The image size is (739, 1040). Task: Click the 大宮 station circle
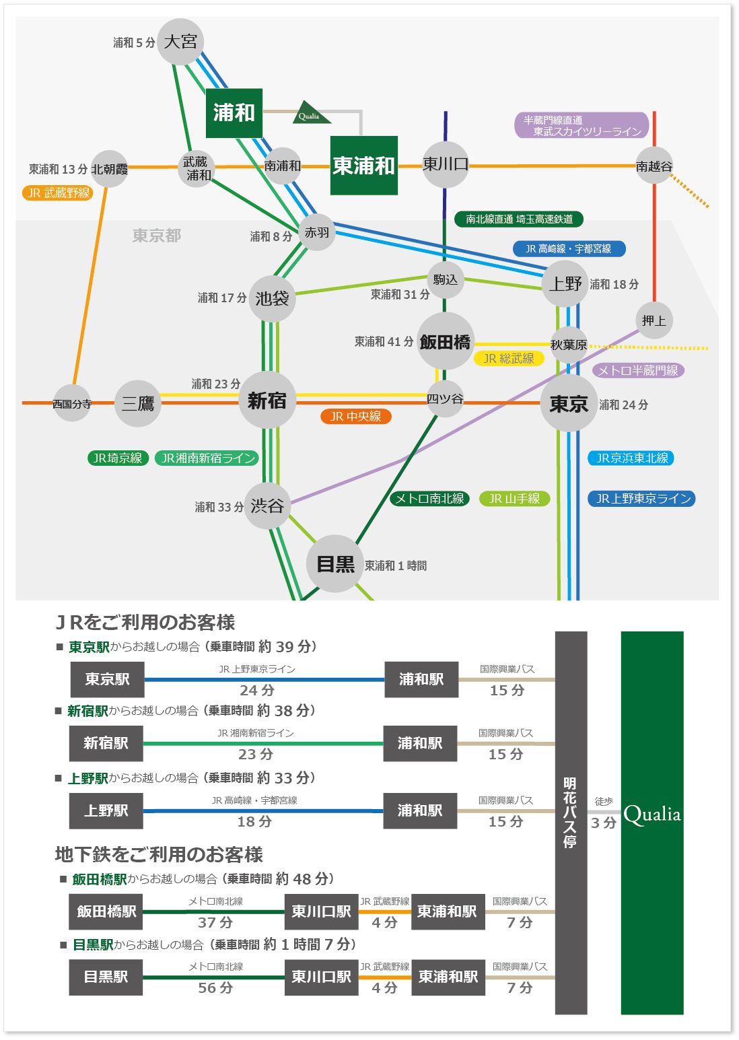click(x=180, y=42)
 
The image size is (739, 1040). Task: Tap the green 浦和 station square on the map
click(x=234, y=113)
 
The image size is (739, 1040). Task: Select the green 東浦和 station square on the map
click(x=364, y=166)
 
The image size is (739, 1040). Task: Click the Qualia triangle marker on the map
click(x=311, y=113)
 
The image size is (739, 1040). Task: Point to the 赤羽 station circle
click(x=317, y=232)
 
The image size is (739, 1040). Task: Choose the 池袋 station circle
click(x=272, y=298)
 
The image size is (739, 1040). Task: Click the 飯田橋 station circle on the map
click(x=445, y=341)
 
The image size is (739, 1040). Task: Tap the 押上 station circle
click(x=654, y=320)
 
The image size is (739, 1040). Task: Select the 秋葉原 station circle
click(x=569, y=345)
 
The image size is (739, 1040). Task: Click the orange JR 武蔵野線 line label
click(x=58, y=193)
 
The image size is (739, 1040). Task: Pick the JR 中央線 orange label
click(x=355, y=416)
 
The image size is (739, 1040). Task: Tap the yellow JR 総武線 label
click(x=509, y=358)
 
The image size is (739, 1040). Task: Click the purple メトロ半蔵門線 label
click(x=638, y=370)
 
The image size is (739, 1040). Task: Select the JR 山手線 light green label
click(x=514, y=499)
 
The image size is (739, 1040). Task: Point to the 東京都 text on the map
click(x=156, y=236)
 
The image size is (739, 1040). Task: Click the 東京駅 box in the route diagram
click(x=107, y=679)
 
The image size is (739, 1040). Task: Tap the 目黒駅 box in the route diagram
click(x=106, y=977)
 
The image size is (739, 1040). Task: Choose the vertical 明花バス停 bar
click(x=571, y=823)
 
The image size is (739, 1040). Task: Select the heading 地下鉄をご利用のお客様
click(x=159, y=855)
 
